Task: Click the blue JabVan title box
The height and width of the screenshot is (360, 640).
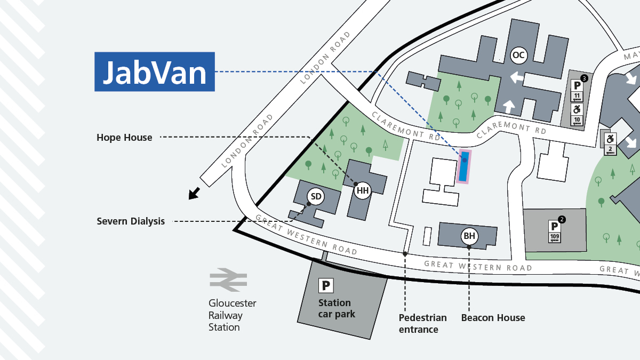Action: [x=155, y=71]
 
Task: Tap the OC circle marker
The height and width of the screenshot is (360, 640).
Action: [x=518, y=55]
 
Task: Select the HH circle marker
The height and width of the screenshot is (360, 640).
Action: [x=362, y=190]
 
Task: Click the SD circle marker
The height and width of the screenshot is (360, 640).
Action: [x=316, y=197]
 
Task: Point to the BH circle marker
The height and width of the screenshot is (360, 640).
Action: [x=469, y=236]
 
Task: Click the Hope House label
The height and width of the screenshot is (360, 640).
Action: [x=124, y=138]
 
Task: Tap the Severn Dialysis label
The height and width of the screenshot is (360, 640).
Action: [x=131, y=221]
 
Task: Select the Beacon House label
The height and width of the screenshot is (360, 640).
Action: [x=493, y=318]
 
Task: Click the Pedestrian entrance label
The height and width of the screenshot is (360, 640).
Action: [x=422, y=323]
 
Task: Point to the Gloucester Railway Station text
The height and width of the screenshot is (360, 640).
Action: [x=232, y=315]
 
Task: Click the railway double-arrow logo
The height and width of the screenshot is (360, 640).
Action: [x=228, y=279]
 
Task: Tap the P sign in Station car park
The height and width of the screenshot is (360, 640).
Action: [x=325, y=286]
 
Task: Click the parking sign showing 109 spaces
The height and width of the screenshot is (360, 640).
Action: [x=554, y=233]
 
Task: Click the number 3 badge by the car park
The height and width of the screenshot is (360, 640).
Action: [x=584, y=78]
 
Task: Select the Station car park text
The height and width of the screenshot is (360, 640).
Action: [x=337, y=308]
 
